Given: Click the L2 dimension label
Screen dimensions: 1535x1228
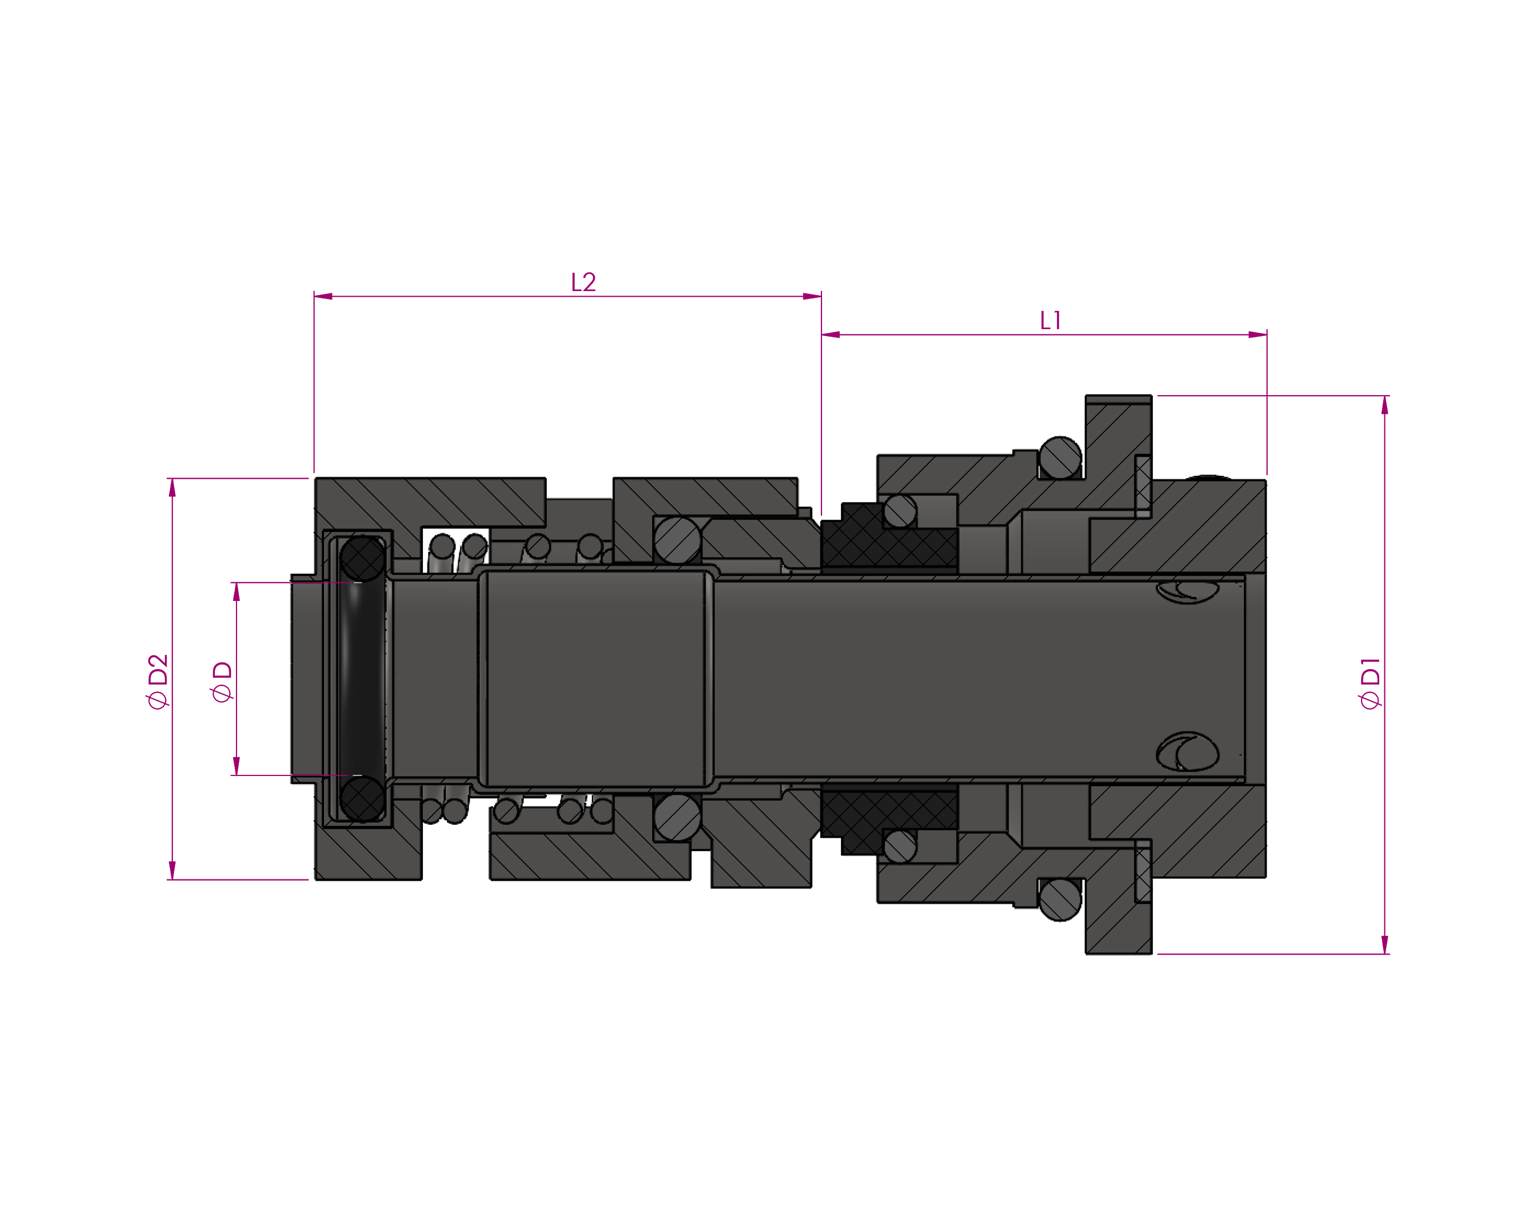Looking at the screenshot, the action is click(x=583, y=282).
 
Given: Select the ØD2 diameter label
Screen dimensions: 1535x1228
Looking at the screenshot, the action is click(x=157, y=681).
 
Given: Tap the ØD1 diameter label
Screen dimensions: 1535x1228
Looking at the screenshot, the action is click(x=1370, y=683).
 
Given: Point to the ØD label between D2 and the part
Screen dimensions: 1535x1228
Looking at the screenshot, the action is click(x=222, y=681).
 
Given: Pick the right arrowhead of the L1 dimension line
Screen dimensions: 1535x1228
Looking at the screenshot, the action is click(x=1258, y=335).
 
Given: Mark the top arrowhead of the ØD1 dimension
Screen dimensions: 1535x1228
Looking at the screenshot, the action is click(x=1385, y=405).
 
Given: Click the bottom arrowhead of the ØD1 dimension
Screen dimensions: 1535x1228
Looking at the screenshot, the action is click(x=1385, y=945).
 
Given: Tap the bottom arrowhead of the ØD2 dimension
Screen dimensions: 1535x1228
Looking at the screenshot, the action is click(x=172, y=870).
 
